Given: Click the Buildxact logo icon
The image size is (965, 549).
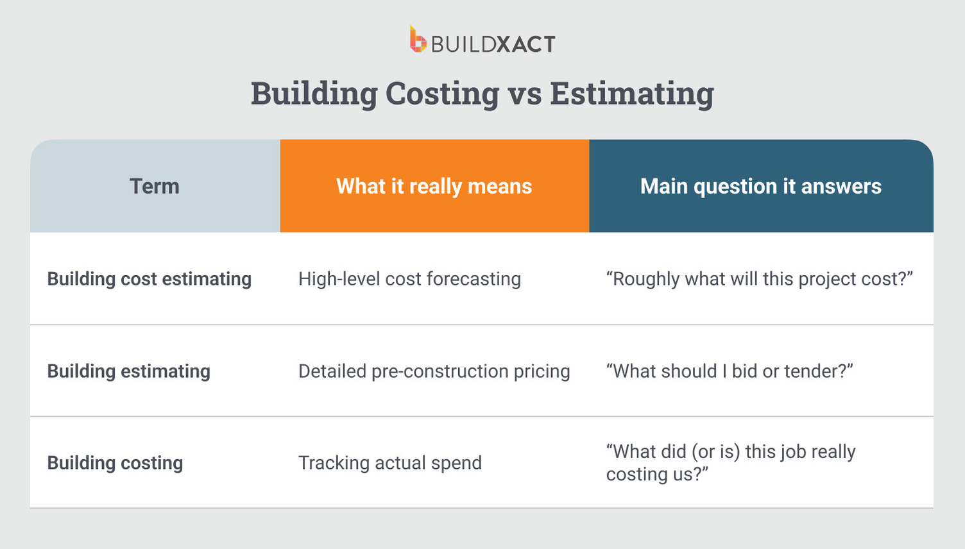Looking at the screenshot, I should click(418, 40).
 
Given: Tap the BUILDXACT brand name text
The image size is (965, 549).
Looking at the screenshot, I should click(493, 44).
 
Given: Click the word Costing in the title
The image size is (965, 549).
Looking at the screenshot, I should click(442, 94).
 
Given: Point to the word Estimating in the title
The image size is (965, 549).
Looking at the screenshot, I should click(631, 94).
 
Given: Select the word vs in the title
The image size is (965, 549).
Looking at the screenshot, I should click(524, 94).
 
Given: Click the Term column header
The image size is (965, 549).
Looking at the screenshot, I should click(155, 186).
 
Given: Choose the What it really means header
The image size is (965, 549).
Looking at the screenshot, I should click(434, 186).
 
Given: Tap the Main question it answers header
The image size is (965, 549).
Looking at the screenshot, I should click(760, 186).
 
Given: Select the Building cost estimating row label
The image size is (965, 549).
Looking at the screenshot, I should click(149, 279).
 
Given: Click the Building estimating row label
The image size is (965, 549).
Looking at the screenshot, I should click(129, 371).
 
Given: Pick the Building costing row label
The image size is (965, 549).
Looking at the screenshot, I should click(115, 463).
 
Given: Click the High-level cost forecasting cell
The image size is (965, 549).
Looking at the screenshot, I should click(409, 279).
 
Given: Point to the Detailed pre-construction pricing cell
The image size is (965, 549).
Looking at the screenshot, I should click(434, 371).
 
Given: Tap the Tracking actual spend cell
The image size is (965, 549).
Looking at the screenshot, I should click(390, 463).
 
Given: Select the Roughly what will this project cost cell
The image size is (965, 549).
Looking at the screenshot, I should click(759, 279).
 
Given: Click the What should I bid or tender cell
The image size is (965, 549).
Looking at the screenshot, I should click(730, 371).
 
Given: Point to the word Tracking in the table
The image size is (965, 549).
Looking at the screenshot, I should click(334, 463).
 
